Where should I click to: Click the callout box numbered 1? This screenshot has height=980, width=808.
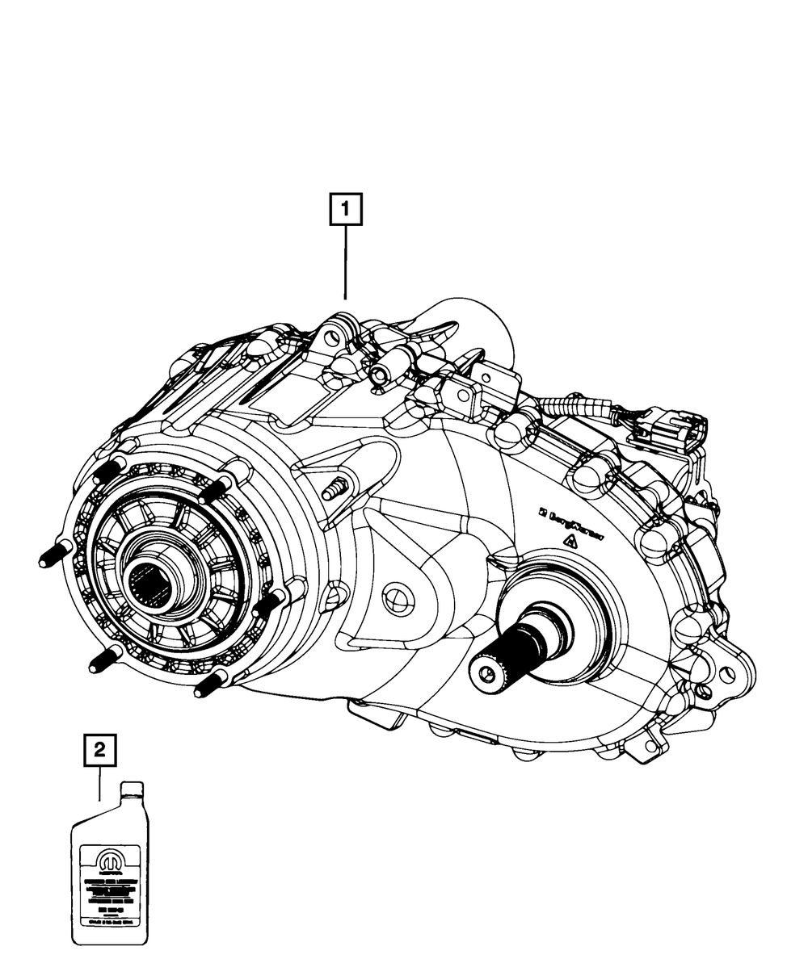[347, 211]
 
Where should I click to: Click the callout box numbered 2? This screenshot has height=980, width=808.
[99, 750]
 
